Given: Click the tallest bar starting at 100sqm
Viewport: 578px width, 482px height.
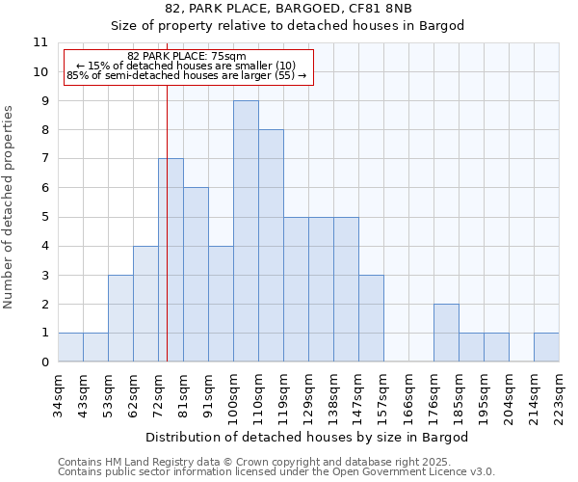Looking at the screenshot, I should [246, 231].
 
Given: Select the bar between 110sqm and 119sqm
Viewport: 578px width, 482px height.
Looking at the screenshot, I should [271, 246].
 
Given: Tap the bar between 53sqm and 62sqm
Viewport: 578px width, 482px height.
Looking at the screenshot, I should [120, 318].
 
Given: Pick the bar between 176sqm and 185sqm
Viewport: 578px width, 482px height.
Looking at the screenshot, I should [446, 333].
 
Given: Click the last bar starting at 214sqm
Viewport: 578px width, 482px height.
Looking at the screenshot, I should [546, 347].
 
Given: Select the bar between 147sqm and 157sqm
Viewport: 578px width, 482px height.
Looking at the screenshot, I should [371, 318].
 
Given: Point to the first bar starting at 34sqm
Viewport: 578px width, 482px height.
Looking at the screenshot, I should [70, 347].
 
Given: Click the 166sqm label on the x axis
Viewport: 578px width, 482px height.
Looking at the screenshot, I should [409, 398].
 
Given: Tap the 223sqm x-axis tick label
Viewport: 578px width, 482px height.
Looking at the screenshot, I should [560, 398].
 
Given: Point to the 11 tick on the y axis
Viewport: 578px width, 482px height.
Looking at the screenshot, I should [40, 42].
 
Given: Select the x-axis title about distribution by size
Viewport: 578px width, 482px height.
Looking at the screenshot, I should [307, 437].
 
